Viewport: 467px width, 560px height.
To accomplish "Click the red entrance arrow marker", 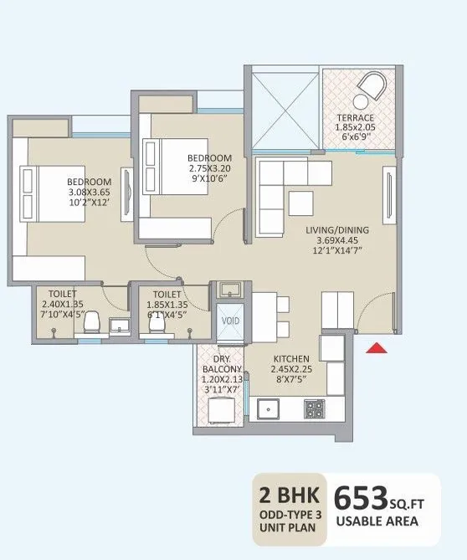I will (x=377, y=349).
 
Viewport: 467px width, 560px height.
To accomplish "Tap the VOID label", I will (x=228, y=320).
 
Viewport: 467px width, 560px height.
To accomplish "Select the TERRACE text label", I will (x=356, y=117).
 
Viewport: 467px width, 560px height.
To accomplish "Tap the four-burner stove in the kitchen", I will (x=314, y=409).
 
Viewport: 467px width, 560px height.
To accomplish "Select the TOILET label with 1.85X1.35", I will (x=167, y=295).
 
